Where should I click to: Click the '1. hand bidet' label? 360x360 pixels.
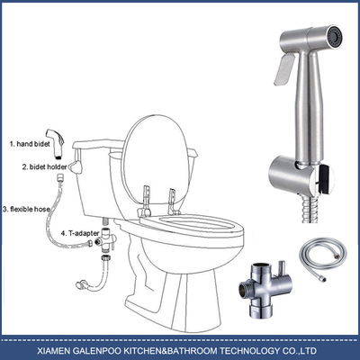pos(30,144)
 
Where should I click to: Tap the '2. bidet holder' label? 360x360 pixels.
pos(44,167)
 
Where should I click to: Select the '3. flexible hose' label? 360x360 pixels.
pos(26,209)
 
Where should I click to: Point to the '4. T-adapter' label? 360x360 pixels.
pos(80,233)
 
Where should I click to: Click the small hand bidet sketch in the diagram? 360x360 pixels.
pos(57,144)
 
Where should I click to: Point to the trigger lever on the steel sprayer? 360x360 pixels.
pos(283,69)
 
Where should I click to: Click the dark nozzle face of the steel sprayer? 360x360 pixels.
pos(335,37)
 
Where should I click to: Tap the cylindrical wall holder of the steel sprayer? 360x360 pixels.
pos(291,175)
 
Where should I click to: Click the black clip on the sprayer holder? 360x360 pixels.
pos(326,179)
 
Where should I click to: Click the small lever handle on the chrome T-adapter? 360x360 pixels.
pos(281,268)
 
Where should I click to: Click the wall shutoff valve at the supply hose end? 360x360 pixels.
pos(81,284)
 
